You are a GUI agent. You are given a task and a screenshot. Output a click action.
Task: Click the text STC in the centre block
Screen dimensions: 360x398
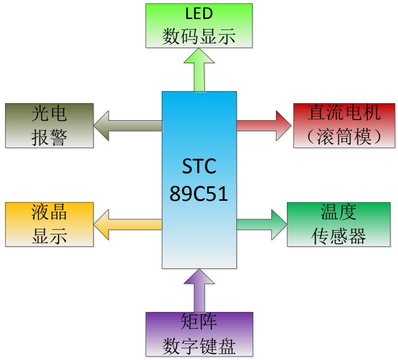[199, 167]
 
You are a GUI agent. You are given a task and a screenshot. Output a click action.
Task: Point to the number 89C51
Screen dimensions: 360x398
[199, 194]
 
